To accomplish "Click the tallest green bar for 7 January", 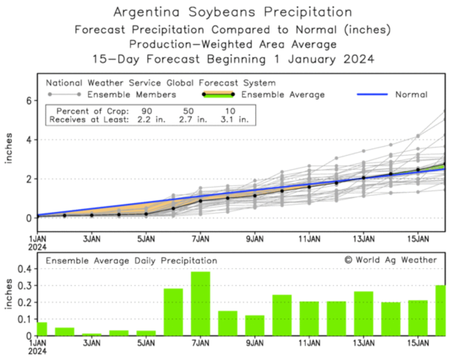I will point(201,303).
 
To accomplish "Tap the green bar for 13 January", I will point(363,313).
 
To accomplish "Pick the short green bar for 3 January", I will point(92,334).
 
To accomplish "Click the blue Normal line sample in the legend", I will point(372,94).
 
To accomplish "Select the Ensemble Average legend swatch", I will point(218,94).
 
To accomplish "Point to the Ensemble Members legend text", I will point(132,95).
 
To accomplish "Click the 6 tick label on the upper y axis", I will point(29,101).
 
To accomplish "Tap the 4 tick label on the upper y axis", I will point(29,140).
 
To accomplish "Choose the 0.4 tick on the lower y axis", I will point(25,269).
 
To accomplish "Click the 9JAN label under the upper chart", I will point(255,239).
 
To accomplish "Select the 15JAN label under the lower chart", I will point(418,343).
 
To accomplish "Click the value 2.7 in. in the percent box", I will point(193,120).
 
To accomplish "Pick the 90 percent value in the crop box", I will point(147,111).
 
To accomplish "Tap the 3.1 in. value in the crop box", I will point(235,120).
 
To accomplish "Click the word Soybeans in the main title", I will point(222,12).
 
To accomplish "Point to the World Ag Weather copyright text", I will point(391,260).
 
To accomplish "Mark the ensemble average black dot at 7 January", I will point(201,201).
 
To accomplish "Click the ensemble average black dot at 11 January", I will point(309,187).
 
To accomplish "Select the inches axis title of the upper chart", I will point(9,148).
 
